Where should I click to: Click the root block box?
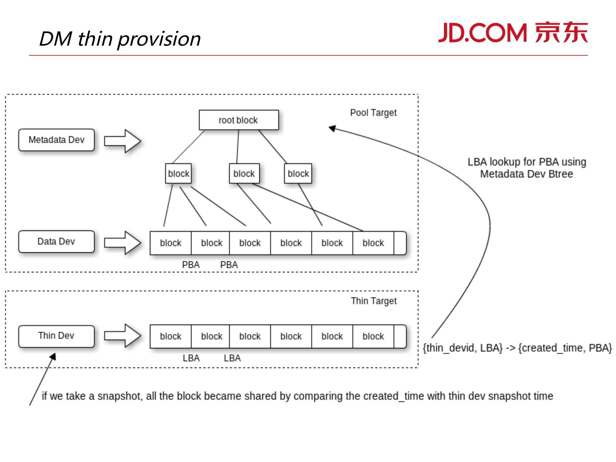pyautogui.click(x=239, y=120)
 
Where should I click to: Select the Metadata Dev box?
pyautogui.click(x=56, y=140)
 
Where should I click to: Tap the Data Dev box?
pyautogui.click(x=56, y=241)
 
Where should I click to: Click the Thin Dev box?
pyautogui.click(x=56, y=336)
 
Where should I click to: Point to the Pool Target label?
pyautogui.click(x=373, y=113)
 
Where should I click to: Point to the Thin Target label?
pyautogui.click(x=374, y=301)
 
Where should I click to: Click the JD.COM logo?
pyautogui.click(x=513, y=33)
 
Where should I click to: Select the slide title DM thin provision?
pyautogui.click(x=120, y=39)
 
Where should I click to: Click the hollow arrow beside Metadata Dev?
pyautogui.click(x=123, y=141)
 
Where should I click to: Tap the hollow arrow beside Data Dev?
pyautogui.click(x=123, y=243)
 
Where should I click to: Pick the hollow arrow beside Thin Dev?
pyautogui.click(x=123, y=336)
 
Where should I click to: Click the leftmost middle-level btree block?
pyautogui.click(x=178, y=174)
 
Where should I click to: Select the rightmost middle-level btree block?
pyautogui.click(x=298, y=174)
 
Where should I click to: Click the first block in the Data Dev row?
pyautogui.click(x=171, y=243)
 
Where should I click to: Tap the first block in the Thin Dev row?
pyautogui.click(x=171, y=336)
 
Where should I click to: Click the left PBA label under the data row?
pyautogui.click(x=191, y=265)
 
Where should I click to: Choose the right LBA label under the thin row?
pyautogui.click(x=232, y=358)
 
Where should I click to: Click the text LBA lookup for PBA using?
pyautogui.click(x=526, y=162)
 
